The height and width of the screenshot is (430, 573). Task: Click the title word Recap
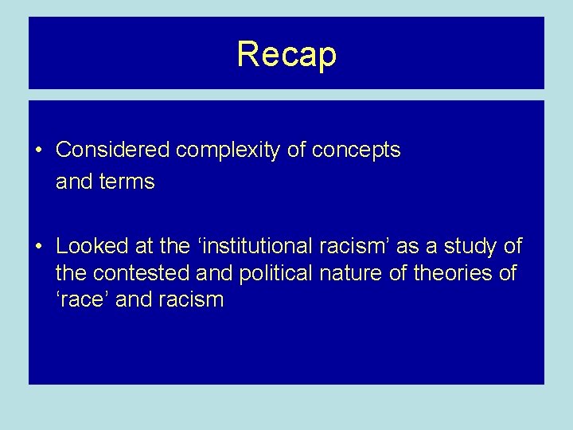tap(286, 54)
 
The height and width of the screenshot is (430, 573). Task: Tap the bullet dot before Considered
tap(38, 150)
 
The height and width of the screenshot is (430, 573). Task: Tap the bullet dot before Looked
tap(38, 246)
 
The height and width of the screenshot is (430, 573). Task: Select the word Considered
tap(115, 150)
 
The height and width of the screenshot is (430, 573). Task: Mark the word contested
tap(141, 274)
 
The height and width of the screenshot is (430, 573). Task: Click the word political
tap(276, 274)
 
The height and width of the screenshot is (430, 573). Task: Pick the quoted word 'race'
tap(84, 300)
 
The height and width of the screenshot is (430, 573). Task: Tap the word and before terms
tap(74, 182)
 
